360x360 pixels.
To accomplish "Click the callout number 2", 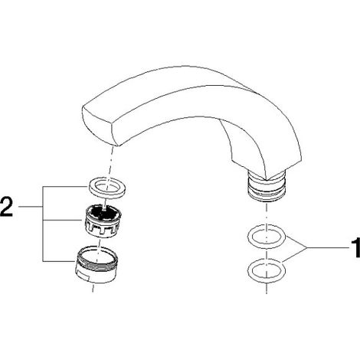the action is click(6, 207).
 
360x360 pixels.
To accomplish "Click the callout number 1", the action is click(355, 247).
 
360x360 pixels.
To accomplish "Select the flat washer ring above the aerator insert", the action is click(107, 188).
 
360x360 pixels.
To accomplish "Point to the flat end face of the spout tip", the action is click(99, 126).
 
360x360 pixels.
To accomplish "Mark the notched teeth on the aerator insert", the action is click(100, 228).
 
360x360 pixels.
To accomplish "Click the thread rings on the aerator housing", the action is click(97, 260).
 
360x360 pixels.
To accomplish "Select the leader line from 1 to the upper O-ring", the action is click(296, 242).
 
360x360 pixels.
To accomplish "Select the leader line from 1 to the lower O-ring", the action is click(294, 255).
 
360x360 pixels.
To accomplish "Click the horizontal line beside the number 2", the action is click(31, 206).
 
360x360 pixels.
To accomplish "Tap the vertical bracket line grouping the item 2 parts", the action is click(43, 224).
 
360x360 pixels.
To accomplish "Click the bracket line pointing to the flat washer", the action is click(65, 187).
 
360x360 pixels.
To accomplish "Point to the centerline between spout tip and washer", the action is click(110, 163).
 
